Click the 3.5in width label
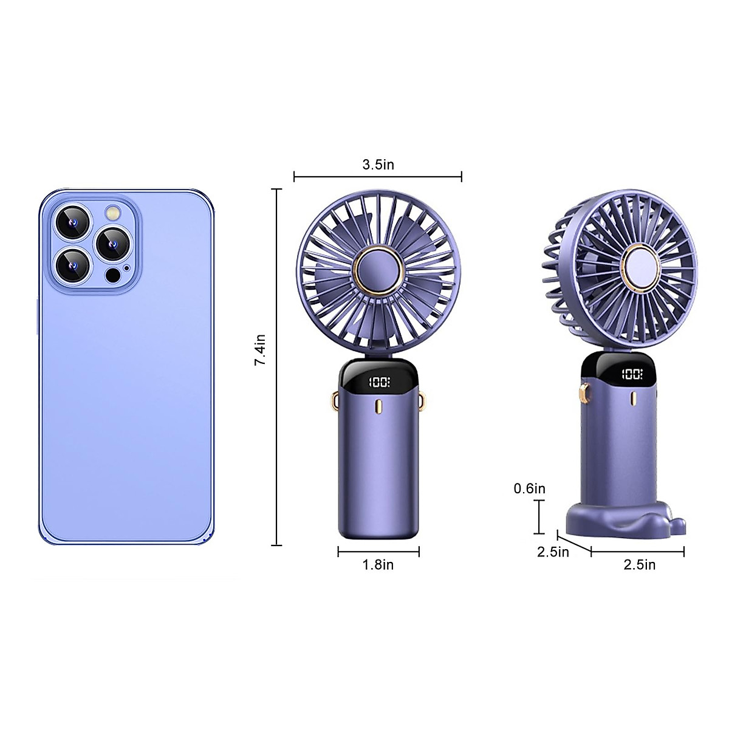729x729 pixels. tap(378, 165)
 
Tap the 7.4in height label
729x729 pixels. tap(260, 350)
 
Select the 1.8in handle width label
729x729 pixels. tap(378, 565)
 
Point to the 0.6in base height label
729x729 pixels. tap(529, 488)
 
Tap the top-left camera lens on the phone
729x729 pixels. tap(74, 223)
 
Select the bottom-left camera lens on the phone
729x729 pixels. tap(74, 265)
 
